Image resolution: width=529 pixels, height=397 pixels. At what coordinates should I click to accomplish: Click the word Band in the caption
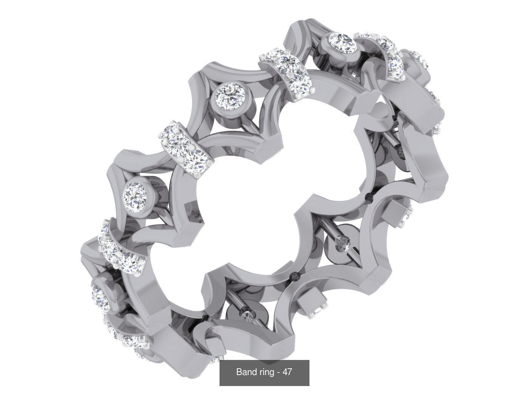pos(244,372)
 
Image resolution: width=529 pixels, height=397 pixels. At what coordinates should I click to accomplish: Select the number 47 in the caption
pos(287,372)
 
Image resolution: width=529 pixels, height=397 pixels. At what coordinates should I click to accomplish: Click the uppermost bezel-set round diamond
pos(340,40)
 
